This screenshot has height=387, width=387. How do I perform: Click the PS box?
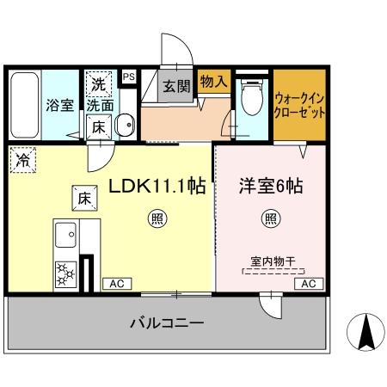pos(128,77)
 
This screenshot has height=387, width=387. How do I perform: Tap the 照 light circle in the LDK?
pos(155,218)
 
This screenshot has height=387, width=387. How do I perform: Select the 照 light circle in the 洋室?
pos(270,218)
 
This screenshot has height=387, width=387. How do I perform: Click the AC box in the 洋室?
pos(310,283)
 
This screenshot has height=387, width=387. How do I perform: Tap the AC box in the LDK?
pos(115,283)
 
